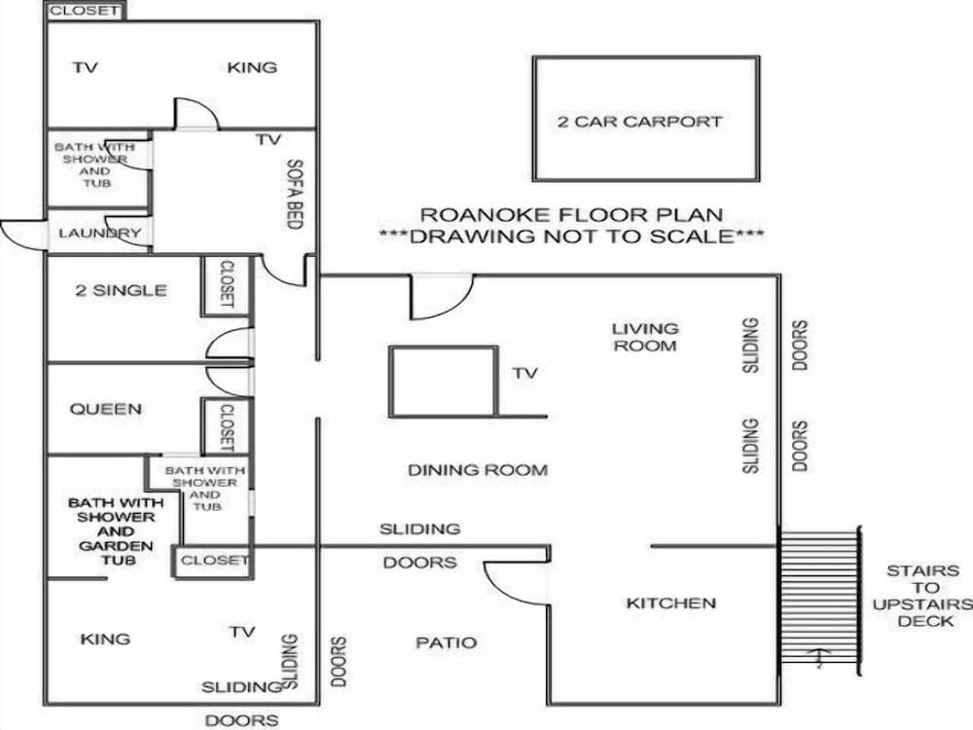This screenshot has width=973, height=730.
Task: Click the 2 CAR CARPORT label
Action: [639, 122]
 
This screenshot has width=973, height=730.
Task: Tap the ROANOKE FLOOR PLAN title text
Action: [571, 214]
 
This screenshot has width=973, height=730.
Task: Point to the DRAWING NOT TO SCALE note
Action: [571, 236]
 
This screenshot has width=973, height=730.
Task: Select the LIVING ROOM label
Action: [644, 337]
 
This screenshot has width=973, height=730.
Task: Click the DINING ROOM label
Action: [477, 470]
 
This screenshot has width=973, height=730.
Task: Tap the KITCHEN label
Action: [670, 603]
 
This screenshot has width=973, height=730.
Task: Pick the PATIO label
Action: [447, 642]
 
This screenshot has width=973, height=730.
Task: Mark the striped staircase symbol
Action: [820, 600]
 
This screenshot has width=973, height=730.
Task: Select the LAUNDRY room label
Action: [100, 234]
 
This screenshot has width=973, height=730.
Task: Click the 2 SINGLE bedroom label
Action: [121, 290]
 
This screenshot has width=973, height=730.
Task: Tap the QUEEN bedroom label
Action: [105, 410]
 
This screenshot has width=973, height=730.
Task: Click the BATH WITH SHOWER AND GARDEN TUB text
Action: [116, 531]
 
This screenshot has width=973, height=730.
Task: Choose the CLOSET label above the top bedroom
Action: [86, 12]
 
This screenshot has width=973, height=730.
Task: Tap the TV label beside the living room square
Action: [525, 373]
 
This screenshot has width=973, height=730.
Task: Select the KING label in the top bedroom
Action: [252, 67]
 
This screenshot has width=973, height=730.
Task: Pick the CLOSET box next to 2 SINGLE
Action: [226, 284]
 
